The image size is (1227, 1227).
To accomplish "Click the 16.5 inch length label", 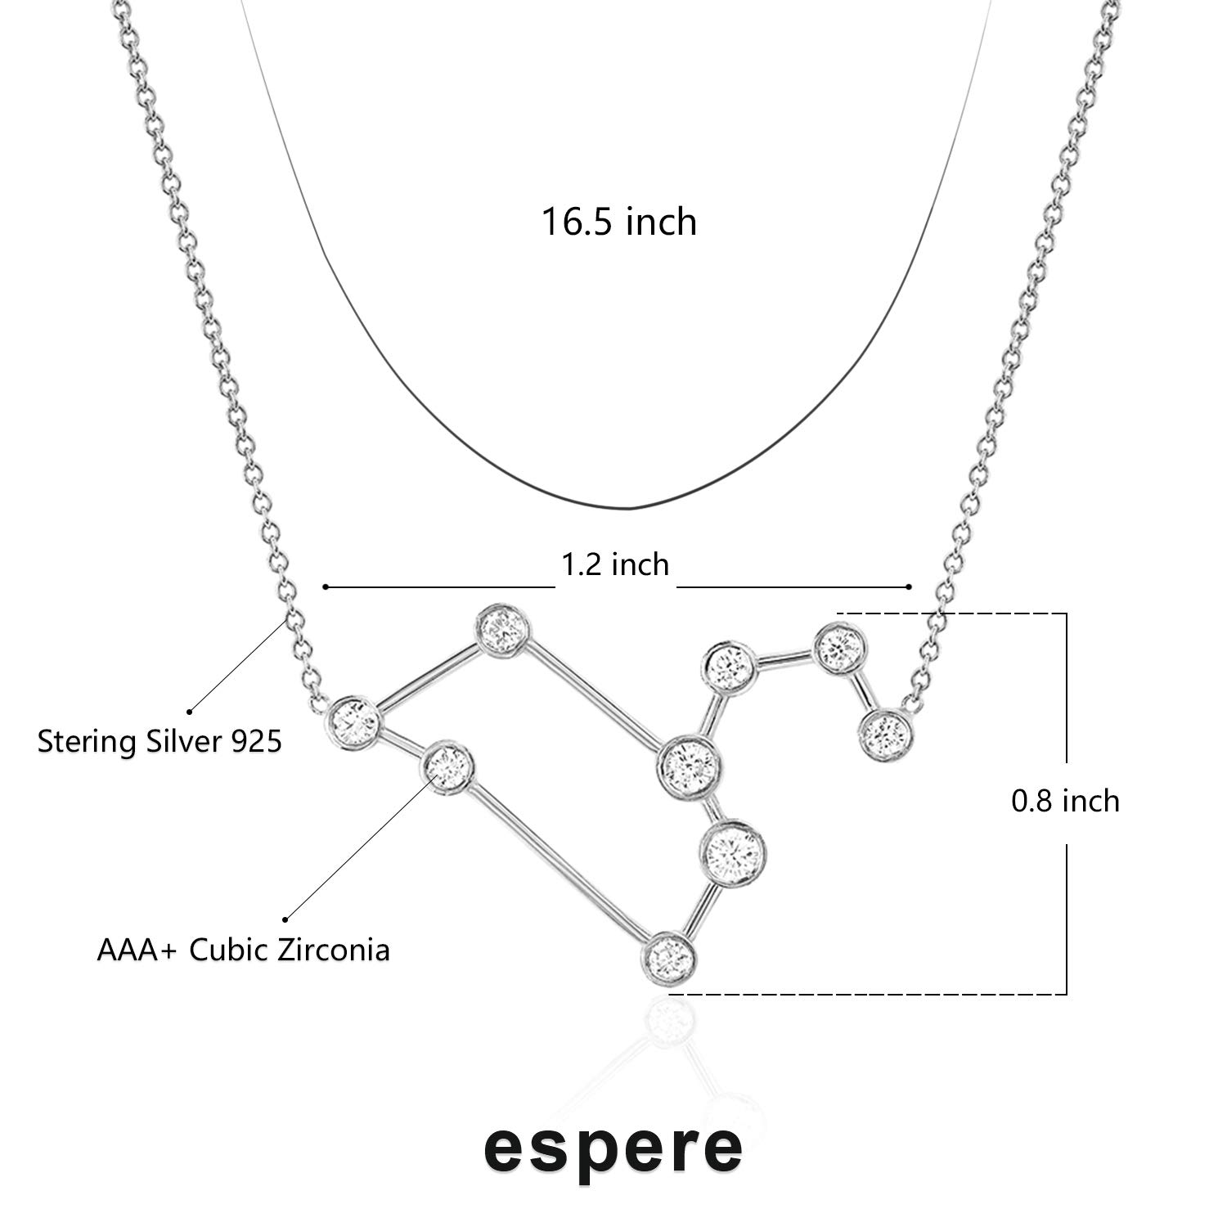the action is [619, 222].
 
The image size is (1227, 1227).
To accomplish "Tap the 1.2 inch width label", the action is [615, 564].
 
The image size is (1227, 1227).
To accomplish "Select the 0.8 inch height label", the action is [1065, 800].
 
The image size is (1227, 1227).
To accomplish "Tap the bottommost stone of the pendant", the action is [670, 956].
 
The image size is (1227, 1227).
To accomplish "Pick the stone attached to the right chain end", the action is [887, 735].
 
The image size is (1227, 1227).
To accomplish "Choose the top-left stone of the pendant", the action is [502, 630].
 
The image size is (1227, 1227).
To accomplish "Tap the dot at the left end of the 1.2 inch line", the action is [326, 587].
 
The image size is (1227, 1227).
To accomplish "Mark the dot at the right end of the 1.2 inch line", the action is [909, 587].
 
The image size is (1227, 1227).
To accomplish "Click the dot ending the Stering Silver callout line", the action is [190, 711].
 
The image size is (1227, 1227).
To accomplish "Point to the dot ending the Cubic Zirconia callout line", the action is [285, 919].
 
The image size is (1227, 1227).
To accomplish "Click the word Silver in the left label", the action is [181, 742].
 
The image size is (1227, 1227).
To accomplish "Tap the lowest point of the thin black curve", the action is [628, 509].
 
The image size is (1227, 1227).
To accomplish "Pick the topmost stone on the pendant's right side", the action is [839, 648].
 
